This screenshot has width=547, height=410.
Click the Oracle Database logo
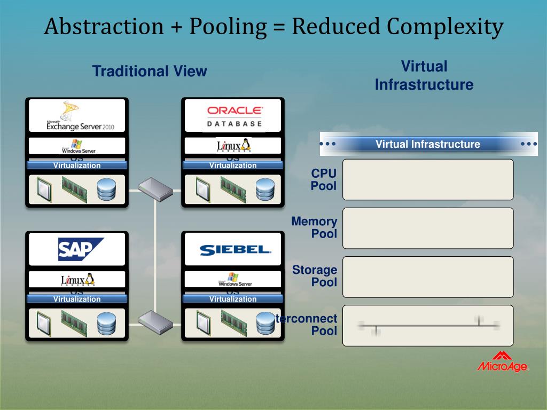tap(235, 116)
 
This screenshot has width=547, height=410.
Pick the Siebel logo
tap(235, 249)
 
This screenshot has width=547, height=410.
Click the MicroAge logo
tap(502, 362)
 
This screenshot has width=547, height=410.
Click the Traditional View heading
tap(150, 72)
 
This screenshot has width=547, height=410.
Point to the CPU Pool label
tap(324, 180)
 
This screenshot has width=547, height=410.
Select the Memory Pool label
tap(315, 227)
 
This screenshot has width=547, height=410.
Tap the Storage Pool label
tap(315, 276)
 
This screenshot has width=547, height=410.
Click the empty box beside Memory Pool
tap(428, 228)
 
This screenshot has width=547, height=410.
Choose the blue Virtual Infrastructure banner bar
tap(428, 144)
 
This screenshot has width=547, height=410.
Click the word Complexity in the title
tap(446, 27)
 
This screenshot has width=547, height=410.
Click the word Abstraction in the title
tap(104, 27)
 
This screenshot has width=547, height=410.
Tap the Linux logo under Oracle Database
tap(233, 145)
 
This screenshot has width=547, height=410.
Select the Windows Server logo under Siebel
tap(234, 279)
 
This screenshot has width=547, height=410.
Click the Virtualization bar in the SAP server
tap(77, 299)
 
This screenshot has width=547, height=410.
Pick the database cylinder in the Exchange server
tap(106, 190)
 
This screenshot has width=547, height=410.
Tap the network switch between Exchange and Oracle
tap(155, 188)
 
